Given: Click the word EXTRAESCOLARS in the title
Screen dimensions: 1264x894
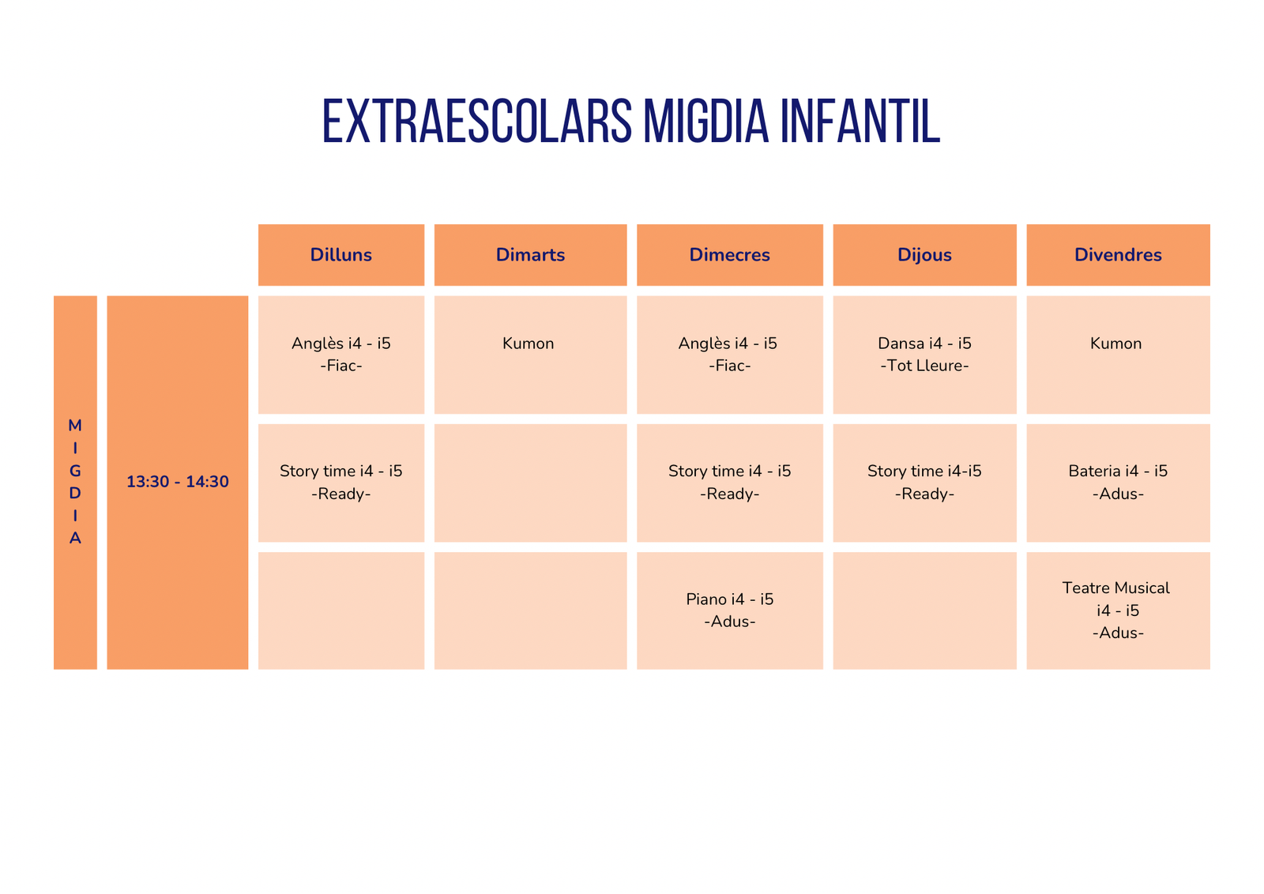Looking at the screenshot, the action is click(477, 121).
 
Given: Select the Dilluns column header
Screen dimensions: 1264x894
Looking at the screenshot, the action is click(340, 255).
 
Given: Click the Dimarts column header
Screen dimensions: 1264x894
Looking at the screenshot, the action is click(530, 255).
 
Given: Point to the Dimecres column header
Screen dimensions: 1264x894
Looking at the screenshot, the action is click(730, 255).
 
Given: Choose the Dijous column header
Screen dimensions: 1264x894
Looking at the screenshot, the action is click(925, 255).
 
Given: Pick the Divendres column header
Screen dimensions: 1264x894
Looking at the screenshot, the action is click(1119, 255).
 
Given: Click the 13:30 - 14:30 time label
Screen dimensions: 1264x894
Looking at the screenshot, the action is click(178, 482).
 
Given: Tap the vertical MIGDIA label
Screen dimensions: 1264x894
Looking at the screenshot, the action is click(75, 482).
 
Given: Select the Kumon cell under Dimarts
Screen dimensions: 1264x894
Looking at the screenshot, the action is click(530, 355).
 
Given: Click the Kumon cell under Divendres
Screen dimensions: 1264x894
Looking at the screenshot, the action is click(1119, 355).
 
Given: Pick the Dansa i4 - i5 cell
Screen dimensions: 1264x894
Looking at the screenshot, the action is click(925, 355).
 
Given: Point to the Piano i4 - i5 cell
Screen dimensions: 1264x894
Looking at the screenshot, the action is click(730, 610).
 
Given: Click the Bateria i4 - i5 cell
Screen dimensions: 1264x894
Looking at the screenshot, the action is click(1119, 483).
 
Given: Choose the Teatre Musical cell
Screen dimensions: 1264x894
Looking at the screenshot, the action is click(1119, 610).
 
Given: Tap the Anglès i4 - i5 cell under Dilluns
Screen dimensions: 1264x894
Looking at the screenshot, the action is click(340, 355).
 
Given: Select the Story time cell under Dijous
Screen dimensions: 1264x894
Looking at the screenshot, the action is click(925, 483).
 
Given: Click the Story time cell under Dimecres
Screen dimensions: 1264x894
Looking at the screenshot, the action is click(730, 483).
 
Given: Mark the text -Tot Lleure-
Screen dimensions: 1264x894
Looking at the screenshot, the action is click(924, 366).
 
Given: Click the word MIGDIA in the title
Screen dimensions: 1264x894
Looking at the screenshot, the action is click(706, 121).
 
